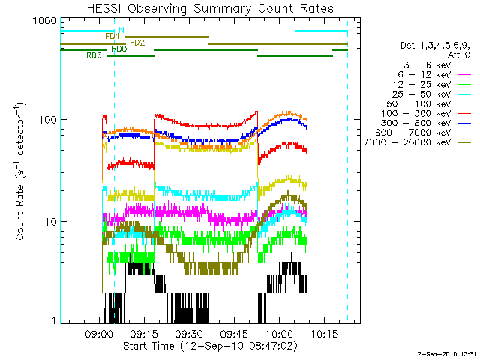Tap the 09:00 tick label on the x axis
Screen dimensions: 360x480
99,334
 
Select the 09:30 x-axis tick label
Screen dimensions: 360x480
189,334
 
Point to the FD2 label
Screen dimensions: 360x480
137,43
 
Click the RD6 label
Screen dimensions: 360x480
94,55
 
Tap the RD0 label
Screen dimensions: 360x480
118,49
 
